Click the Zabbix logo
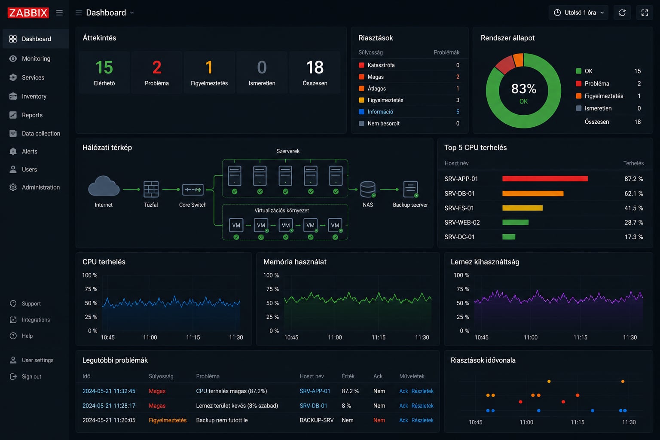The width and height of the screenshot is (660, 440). pos(28,12)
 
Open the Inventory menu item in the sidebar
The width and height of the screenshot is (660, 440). pos(34,96)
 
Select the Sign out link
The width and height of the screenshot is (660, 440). pos(31,376)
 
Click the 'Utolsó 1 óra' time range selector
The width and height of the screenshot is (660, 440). pos(579,12)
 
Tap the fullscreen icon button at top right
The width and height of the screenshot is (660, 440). pos(645,12)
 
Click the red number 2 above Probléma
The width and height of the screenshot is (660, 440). pos(157,67)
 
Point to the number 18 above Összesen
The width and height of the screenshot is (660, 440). pos(315,67)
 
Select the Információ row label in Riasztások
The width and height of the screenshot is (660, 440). pos(380,112)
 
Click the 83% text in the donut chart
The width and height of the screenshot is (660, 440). pos(524,89)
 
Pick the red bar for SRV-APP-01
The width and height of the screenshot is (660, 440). pos(545,179)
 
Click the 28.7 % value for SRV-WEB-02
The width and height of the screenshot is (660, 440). pos(633,222)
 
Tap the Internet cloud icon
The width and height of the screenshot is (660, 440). pos(104,186)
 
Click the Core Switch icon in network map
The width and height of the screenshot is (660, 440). pos(192,189)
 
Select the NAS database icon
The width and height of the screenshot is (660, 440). pos(368,189)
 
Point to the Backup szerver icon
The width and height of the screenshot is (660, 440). pos(410,189)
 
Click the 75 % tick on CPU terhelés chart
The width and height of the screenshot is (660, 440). pos(91,289)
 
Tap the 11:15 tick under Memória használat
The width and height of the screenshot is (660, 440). pos(378,337)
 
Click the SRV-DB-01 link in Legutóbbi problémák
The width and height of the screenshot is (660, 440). pos(313,406)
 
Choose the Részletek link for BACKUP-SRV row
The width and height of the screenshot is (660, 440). pos(422,420)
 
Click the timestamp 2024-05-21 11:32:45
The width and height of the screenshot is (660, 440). pos(109,391)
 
